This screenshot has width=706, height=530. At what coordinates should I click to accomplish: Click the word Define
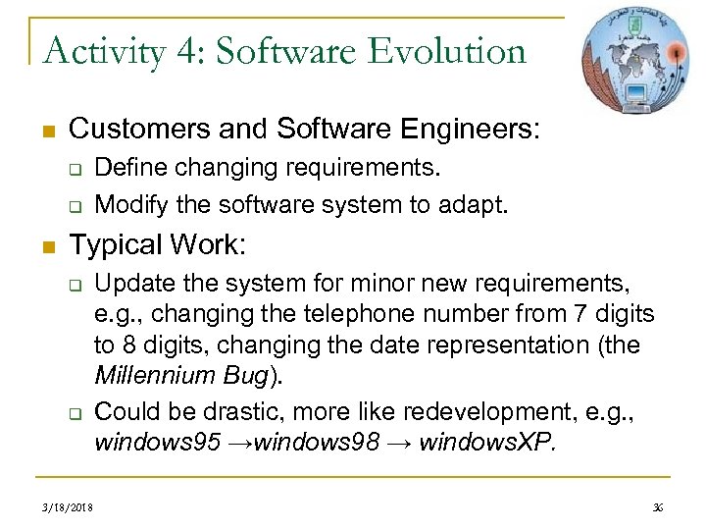[x=126, y=169]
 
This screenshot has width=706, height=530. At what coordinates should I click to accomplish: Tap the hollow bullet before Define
[x=73, y=170]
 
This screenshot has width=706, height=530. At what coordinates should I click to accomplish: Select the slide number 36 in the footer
[x=658, y=507]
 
